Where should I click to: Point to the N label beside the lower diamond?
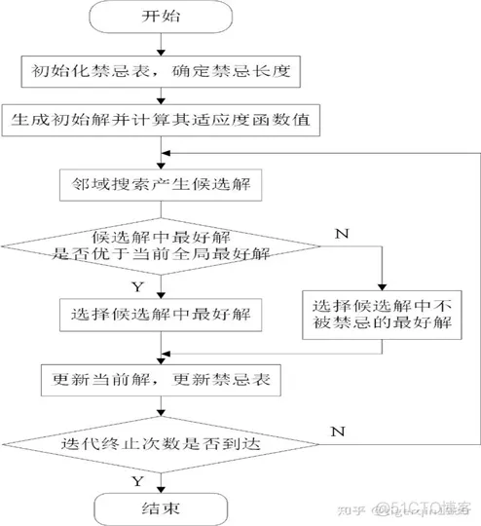(x=338, y=429)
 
